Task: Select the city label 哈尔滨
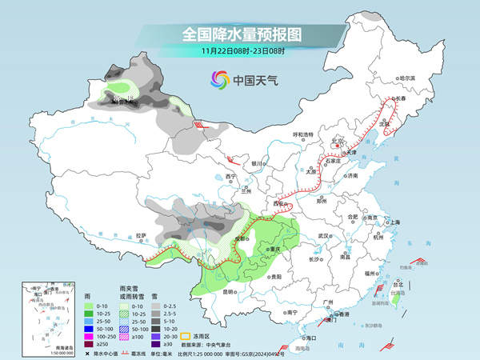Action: [x=407, y=78]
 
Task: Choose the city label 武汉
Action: [x=324, y=236]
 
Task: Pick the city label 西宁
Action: [x=231, y=176]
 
